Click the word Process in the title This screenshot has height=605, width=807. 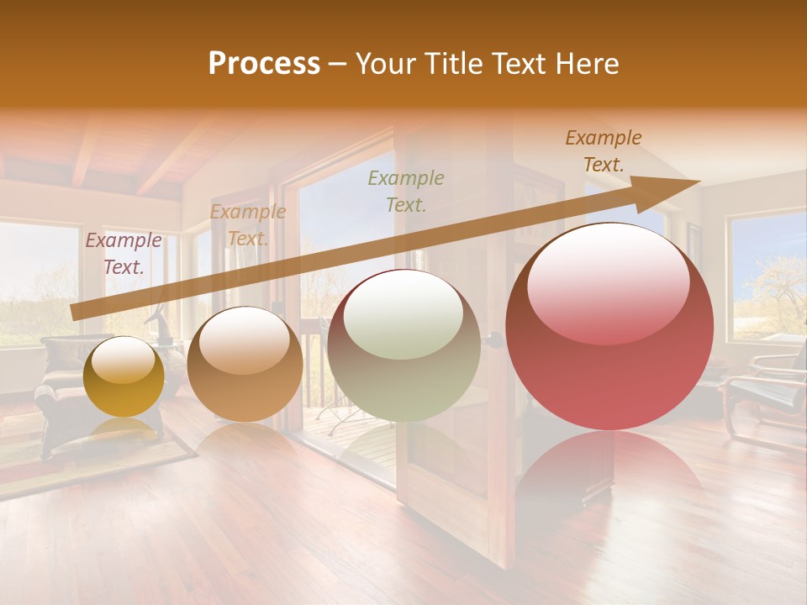pos(264,63)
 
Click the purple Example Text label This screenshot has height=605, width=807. pos(124,253)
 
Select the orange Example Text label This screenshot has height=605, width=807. pos(247,225)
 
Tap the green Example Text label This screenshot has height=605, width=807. pos(406,191)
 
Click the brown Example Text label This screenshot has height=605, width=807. pos(604,151)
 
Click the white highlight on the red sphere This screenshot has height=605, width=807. pos(609,281)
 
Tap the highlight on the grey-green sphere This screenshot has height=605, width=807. pos(403,315)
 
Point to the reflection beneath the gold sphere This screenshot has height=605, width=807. pos(124,433)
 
